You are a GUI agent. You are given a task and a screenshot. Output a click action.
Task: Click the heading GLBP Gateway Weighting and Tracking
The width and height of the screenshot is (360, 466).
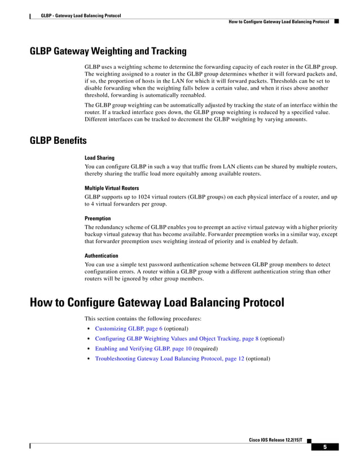point(108,51)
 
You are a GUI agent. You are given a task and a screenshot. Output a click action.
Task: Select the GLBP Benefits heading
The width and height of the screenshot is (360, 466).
point(58,140)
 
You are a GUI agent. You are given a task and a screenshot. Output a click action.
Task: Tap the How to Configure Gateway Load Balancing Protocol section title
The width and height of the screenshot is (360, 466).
point(156,303)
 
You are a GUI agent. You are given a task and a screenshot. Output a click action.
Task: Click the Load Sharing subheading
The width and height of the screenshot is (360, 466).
point(99,158)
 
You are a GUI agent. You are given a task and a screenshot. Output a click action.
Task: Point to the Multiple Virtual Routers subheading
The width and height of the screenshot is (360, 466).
point(112,188)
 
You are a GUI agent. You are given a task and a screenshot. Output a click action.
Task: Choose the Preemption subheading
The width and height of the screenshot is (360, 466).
point(98,218)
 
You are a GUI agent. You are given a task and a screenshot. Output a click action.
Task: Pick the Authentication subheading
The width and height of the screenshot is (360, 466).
point(102,256)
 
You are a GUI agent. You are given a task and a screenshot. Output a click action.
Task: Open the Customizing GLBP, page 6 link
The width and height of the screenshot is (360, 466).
point(128,328)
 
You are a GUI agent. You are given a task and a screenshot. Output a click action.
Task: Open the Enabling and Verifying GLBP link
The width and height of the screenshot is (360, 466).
point(143,349)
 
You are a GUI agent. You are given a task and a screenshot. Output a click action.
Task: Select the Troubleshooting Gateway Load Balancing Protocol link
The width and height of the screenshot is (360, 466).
point(169,359)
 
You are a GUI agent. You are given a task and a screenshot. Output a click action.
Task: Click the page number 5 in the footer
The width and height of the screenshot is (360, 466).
point(325,447)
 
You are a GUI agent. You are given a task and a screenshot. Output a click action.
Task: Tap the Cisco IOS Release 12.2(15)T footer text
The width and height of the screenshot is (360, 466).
point(275,439)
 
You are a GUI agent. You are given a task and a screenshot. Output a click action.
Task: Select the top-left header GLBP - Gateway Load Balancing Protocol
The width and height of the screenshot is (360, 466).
point(81,15)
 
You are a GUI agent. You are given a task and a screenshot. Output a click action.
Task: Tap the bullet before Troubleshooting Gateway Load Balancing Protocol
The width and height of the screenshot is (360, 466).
point(89,359)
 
